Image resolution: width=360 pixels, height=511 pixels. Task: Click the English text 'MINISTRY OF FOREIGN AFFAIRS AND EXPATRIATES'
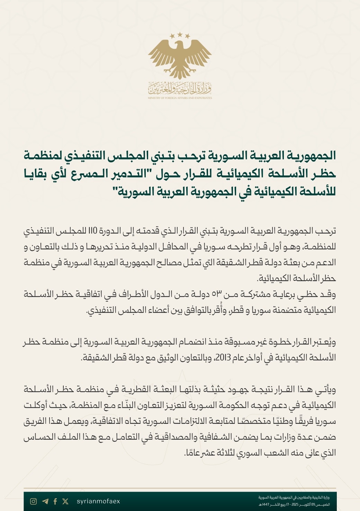tap(180, 98)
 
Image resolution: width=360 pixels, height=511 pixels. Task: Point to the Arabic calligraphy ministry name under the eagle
tap(180, 89)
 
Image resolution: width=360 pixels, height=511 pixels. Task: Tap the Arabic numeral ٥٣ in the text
tap(217, 294)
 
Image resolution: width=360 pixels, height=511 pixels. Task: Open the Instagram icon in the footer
tap(33, 501)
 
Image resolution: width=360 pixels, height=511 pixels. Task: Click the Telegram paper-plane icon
tap(45, 501)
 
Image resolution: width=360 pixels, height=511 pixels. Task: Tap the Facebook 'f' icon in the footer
tap(55, 501)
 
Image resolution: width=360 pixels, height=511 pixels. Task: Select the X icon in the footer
tap(65, 501)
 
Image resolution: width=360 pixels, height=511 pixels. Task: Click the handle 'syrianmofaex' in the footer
tap(98, 501)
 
